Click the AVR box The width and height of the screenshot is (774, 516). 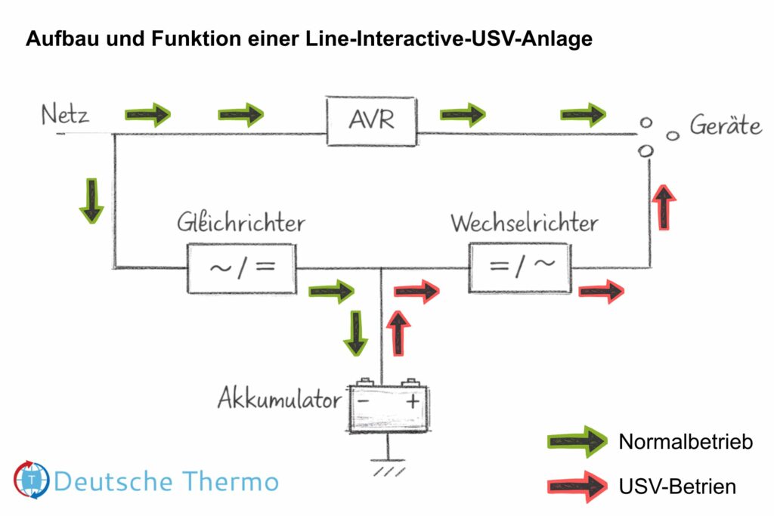371,120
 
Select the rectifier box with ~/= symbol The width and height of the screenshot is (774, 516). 241,268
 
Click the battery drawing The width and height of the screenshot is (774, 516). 388,406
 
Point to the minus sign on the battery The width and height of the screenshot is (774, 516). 364,403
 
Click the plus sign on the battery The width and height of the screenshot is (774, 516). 412,403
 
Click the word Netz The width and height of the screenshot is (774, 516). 65,116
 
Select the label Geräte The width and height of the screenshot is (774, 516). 725,125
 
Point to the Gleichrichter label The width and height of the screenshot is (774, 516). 241,223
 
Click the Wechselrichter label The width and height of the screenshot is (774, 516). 524,223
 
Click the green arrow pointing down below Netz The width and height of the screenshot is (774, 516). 91,200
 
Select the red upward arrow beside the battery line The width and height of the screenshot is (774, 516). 398,333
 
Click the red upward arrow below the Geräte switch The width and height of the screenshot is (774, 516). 664,206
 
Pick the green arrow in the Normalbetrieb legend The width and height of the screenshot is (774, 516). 576,441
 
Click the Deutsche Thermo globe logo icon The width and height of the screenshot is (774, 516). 32,479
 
